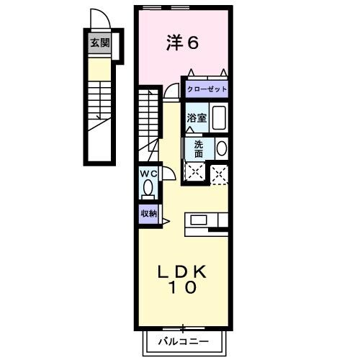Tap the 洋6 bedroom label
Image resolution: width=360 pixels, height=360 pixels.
click(x=182, y=43)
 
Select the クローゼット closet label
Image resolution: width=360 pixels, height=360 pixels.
click(x=207, y=89)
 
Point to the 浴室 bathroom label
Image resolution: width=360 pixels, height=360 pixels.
click(x=197, y=118)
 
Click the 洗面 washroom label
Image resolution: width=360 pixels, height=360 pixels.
click(x=198, y=148)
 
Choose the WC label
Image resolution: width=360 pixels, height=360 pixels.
click(x=148, y=173)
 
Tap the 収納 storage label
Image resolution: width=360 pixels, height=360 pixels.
click(x=149, y=213)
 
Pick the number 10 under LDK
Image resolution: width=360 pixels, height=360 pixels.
click(x=184, y=288)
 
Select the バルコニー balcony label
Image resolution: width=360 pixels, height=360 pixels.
click(x=184, y=341)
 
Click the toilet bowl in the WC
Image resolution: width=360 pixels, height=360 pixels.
click(x=148, y=188)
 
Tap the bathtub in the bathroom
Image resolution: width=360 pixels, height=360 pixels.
click(x=220, y=118)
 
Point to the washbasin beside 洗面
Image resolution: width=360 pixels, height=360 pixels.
click(x=221, y=148)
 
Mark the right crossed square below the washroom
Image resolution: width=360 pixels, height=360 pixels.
click(x=219, y=172)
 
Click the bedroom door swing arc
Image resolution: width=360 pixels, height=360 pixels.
click(x=171, y=91)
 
